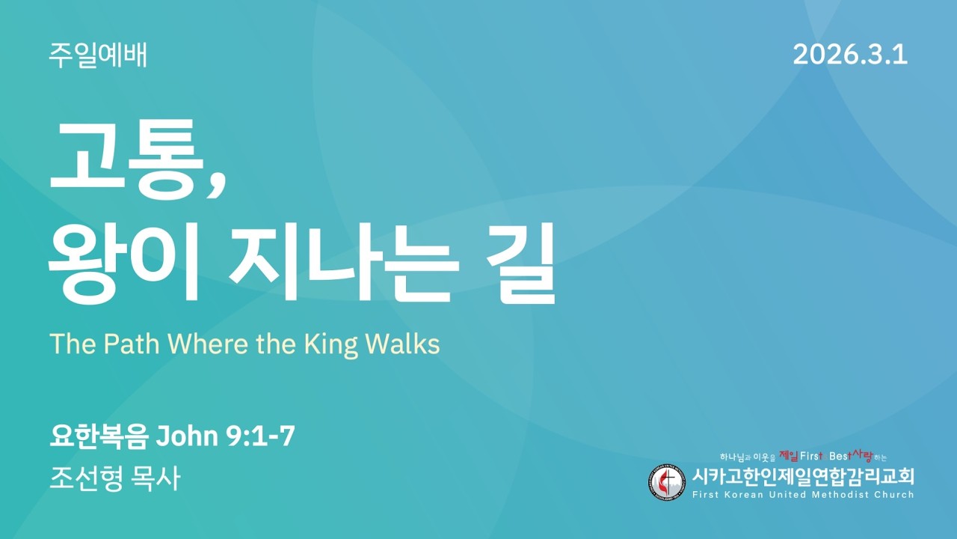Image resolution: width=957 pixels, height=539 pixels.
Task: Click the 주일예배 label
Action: (x=98, y=55)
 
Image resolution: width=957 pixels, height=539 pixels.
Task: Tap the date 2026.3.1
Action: (x=850, y=55)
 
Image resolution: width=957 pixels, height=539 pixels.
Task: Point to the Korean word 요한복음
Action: (x=99, y=436)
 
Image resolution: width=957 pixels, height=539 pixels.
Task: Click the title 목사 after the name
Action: (x=159, y=478)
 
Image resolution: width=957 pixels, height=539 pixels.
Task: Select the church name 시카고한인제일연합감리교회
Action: (x=803, y=476)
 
